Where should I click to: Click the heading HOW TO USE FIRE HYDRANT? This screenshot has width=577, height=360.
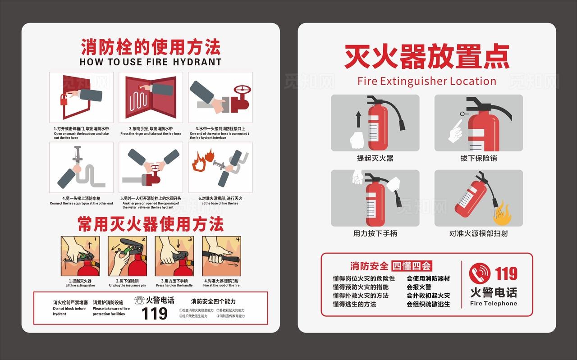point(151,62)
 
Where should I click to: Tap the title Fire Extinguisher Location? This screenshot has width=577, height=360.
point(426,81)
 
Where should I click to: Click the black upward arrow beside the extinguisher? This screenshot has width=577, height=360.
point(358,119)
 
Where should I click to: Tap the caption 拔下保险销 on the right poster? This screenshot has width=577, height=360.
point(479,158)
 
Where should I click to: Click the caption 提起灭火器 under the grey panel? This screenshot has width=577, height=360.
point(375,158)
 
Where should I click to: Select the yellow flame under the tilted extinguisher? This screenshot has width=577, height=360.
point(501,214)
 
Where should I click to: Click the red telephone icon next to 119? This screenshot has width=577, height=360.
point(480,273)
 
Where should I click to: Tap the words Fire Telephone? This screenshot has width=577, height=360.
point(493,303)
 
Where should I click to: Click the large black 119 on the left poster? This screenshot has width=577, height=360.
point(155,314)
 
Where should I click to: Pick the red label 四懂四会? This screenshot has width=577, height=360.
point(411,266)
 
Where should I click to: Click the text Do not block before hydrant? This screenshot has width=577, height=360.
point(69,311)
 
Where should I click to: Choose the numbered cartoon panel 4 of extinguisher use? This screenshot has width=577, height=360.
point(221,256)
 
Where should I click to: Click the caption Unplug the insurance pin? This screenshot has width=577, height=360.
point(127,285)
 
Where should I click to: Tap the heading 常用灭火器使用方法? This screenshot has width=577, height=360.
point(151,224)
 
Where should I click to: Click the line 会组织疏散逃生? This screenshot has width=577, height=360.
point(428,304)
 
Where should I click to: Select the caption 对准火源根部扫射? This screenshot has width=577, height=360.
point(479,233)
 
